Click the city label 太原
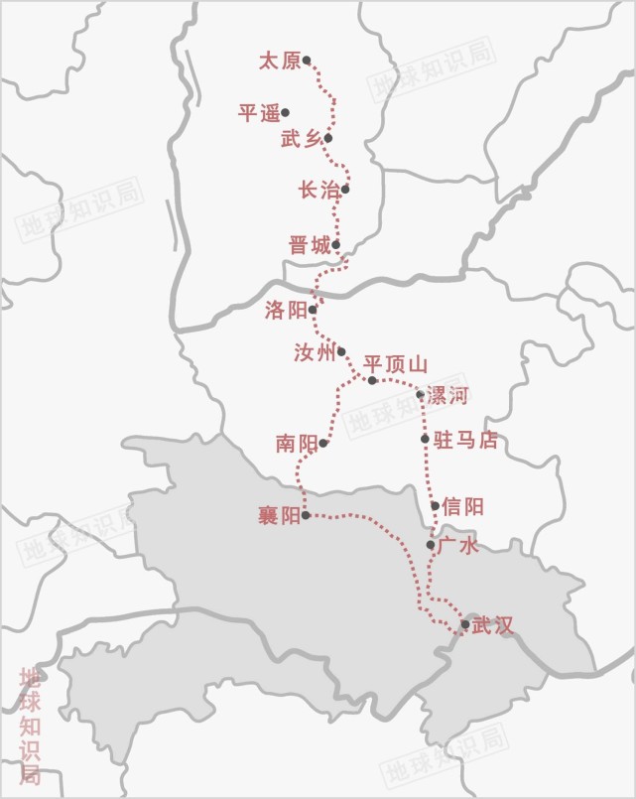pos(279,62)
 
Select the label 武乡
pos(301,140)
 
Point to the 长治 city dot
pos(345,190)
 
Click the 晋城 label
pos(309,245)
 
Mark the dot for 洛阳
pos(313,310)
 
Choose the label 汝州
pos(315,352)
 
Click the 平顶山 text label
pos(395,364)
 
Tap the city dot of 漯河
pos(421,395)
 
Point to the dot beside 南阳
pos(323,443)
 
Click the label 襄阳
pos(278,516)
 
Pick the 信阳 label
pos(463,506)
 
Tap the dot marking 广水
pos(431,545)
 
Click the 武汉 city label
pos(493,625)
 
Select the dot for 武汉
pos(465,624)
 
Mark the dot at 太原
pos(307,61)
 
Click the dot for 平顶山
pos(372,380)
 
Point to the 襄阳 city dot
pos(306,515)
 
